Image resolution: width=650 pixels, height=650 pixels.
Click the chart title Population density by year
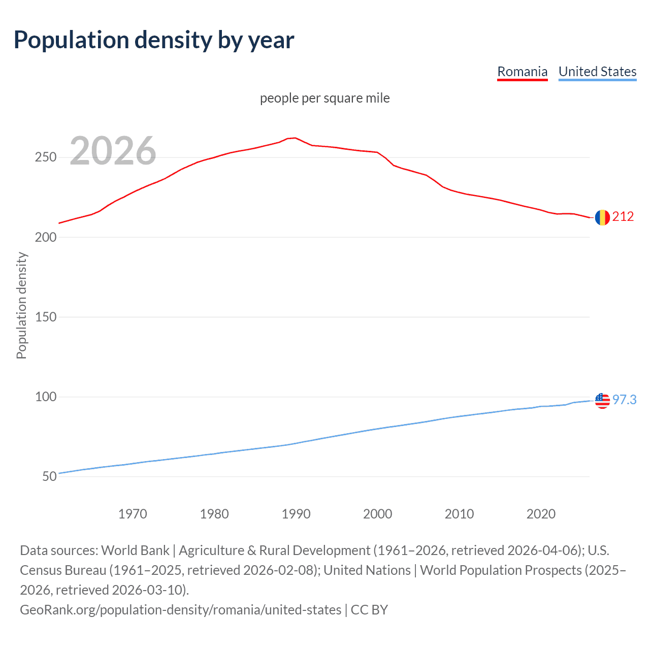tap(154, 40)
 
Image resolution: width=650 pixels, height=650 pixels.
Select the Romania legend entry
tap(522, 72)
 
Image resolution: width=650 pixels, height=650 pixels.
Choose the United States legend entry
tap(597, 72)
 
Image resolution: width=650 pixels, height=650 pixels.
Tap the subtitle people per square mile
tap(324, 98)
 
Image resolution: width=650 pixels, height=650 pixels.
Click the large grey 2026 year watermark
tap(113, 151)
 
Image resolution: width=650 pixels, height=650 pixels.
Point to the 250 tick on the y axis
tap(45, 157)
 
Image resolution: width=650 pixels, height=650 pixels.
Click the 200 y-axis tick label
tap(45, 237)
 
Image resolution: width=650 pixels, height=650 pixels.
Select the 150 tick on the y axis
tap(45, 317)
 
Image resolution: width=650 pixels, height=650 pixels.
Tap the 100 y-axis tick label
tap(45, 397)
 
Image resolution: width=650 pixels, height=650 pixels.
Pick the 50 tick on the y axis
tap(49, 476)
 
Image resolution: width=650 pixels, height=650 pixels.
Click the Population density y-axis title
tap(21, 306)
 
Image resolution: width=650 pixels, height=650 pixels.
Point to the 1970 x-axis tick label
tap(133, 514)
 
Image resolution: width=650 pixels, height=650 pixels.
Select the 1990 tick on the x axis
tap(296, 514)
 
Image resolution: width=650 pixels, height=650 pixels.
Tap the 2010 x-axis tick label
tap(459, 514)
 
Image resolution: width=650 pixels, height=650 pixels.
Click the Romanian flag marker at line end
tap(602, 218)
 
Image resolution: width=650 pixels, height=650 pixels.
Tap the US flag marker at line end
tap(602, 401)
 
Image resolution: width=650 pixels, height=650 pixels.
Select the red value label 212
tap(623, 217)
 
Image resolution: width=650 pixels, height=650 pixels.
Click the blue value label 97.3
tap(624, 400)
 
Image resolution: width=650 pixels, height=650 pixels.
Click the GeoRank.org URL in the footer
tap(180, 609)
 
